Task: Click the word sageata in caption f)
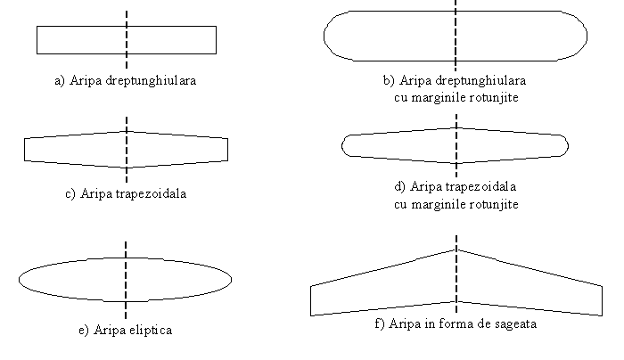(x=515, y=323)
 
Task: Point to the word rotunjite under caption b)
(x=494, y=97)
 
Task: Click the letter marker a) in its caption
(x=60, y=81)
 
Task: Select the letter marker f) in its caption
(x=380, y=323)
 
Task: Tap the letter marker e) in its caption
(x=84, y=331)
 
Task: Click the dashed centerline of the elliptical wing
(x=126, y=280)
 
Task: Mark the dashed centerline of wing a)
(x=127, y=39)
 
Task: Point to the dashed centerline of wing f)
(x=456, y=274)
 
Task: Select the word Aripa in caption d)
(x=423, y=186)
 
